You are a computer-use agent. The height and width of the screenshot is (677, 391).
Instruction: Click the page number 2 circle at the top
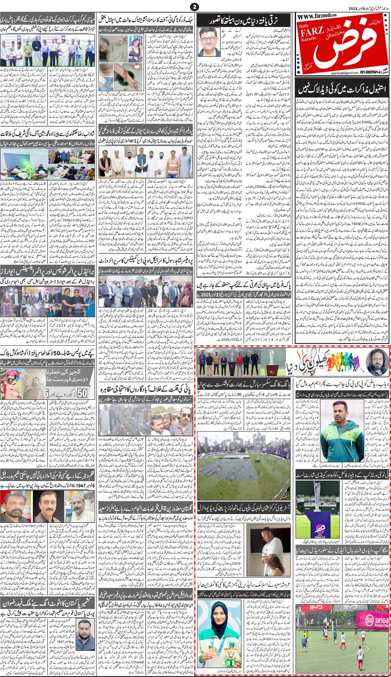tap(196, 7)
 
